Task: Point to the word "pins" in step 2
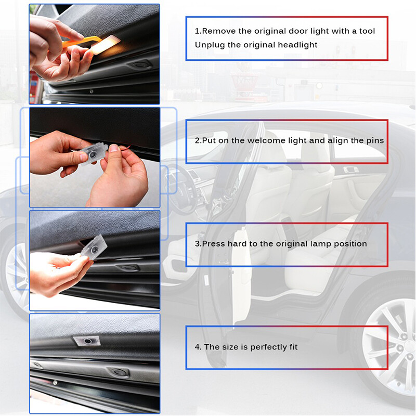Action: coord(374,140)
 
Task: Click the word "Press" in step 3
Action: coord(213,243)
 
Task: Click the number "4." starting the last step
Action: coord(198,347)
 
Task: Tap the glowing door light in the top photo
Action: coord(106,44)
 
